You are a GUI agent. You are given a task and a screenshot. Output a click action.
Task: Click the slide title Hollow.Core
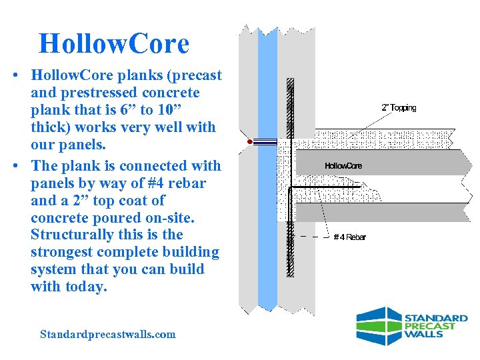pos(114,44)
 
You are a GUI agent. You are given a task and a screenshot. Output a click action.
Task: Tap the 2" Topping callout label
pos(399,108)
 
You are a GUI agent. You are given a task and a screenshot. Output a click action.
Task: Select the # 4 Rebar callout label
pos(349,237)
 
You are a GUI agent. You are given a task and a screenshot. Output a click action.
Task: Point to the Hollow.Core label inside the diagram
pos(343,165)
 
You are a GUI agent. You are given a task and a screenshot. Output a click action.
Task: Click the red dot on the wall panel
pos(249,142)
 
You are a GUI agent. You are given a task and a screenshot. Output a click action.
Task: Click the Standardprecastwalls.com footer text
pos(108,334)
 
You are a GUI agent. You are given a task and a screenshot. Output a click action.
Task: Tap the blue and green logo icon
pos(378,326)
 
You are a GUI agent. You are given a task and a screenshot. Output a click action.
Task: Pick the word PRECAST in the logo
pos(430,326)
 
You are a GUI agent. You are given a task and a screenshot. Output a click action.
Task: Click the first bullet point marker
pos(15,75)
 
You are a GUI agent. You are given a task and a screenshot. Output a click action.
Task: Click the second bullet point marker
pos(15,166)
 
